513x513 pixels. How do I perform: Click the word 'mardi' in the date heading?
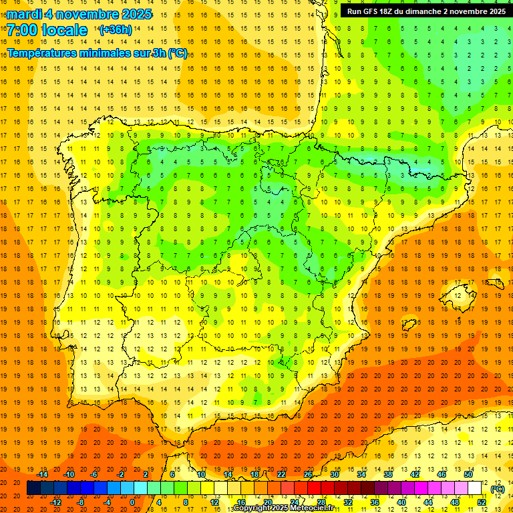tap(24, 14)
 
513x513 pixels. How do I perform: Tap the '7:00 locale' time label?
tap(47, 30)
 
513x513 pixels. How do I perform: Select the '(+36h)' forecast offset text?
tap(116, 30)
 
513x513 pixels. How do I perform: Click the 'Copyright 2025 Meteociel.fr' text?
tap(284, 508)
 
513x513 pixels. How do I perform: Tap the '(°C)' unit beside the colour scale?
tap(497, 489)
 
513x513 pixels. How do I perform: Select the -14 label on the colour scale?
tap(43, 474)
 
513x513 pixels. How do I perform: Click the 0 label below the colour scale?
tap(132, 502)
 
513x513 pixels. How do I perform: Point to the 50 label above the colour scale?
tap(468, 474)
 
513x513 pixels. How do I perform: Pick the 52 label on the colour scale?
tap(481, 502)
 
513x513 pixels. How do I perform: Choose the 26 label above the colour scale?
tap(308, 474)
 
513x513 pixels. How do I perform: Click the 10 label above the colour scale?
tap(200, 474)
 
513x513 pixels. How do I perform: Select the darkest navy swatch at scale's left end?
tap(33, 488)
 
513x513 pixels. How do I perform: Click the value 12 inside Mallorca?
tap(458, 295)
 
